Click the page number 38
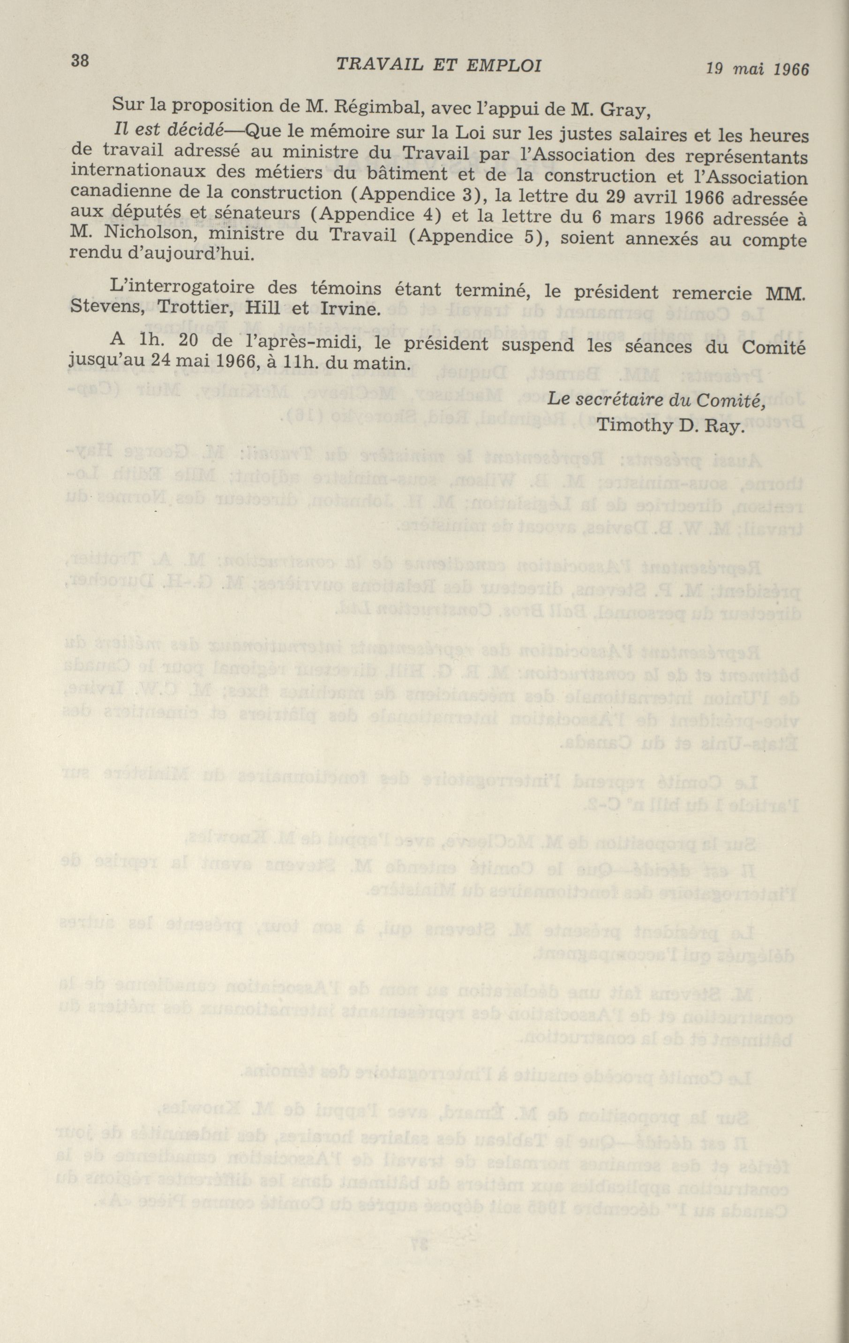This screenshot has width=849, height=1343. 80,61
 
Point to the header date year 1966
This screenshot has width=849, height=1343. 791,70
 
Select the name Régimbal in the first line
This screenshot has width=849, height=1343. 377,105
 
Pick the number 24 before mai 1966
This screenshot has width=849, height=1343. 170,363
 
